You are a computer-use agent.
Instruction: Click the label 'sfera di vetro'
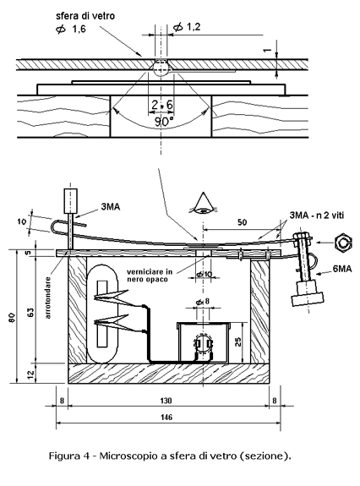(85, 16)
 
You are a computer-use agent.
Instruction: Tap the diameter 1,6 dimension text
(71, 29)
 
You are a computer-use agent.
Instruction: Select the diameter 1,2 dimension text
(187, 27)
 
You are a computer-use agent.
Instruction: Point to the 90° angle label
(164, 122)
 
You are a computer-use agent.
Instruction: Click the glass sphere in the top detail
(161, 68)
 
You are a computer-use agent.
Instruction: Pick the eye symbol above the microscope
(203, 204)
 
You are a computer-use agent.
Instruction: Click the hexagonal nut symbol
(344, 243)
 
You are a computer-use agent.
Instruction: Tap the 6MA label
(342, 269)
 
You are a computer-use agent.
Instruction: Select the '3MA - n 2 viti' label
(316, 215)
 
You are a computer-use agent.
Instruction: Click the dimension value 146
(166, 418)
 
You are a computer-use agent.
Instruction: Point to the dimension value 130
(166, 401)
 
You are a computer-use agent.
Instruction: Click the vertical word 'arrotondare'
(47, 298)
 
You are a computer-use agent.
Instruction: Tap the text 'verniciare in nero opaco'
(150, 276)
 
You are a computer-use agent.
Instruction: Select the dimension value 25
(238, 341)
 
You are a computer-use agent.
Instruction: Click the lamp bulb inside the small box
(204, 343)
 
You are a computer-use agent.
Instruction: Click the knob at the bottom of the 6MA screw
(308, 293)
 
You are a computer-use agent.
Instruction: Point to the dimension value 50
(243, 222)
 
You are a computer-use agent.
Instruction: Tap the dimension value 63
(31, 312)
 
